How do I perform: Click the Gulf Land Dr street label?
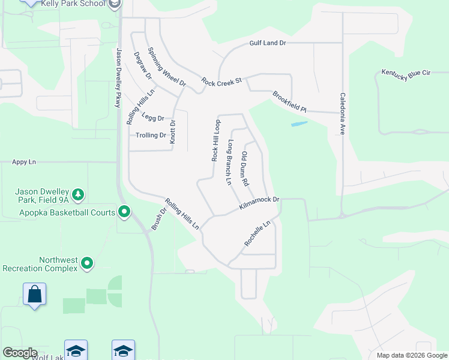pyautogui.click(x=268, y=43)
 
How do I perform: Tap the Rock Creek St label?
pyautogui.click(x=221, y=80)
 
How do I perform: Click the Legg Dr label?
pyautogui.click(x=152, y=118)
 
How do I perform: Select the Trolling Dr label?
pyautogui.click(x=151, y=136)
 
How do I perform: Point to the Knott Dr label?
pyautogui.click(x=173, y=131)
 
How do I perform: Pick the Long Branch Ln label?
pyautogui.click(x=229, y=162)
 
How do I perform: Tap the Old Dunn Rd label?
pyautogui.click(x=245, y=169)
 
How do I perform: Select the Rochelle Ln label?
pyautogui.click(x=258, y=233)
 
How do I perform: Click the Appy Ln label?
pyautogui.click(x=24, y=162)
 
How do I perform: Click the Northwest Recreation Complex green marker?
pyautogui.click(x=87, y=263)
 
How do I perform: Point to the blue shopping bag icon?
pyautogui.click(x=35, y=295)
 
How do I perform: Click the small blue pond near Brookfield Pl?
pyautogui.click(x=299, y=124)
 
